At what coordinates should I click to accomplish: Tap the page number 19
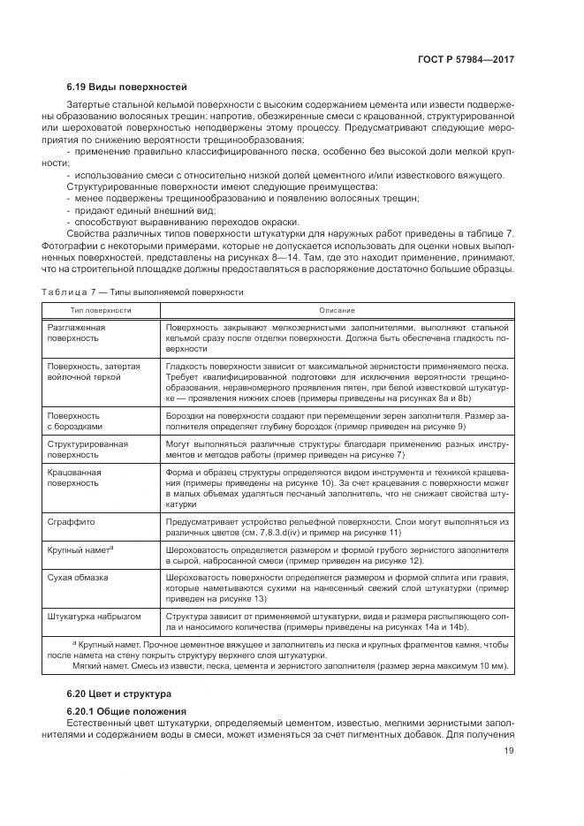coord(509,751)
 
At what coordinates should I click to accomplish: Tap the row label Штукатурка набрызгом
coord(93,615)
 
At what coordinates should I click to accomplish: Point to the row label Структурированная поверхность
coord(87,448)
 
